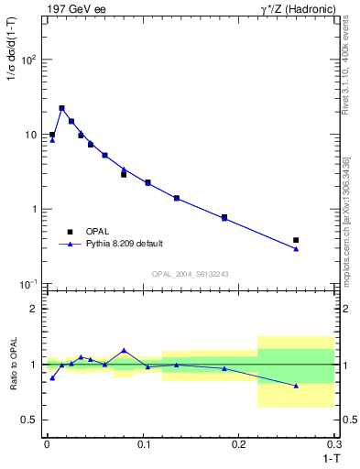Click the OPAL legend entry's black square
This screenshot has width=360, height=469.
[69, 231]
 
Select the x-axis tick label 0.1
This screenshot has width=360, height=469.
[143, 444]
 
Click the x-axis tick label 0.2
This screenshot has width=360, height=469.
[239, 444]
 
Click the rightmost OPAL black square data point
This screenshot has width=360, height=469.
[296, 240]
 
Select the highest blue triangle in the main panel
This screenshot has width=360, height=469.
[61, 108]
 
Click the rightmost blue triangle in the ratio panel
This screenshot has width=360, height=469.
[296, 386]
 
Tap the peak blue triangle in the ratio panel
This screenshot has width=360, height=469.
[124, 350]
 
